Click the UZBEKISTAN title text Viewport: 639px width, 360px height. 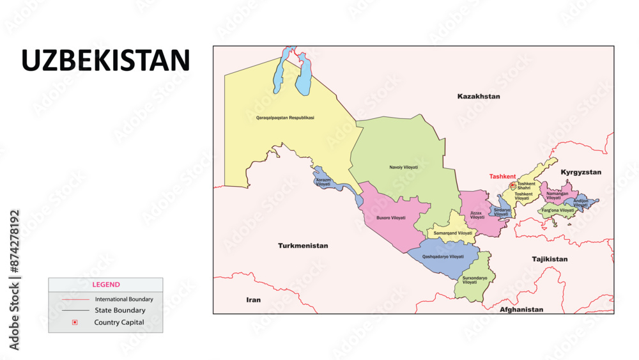pyautogui.click(x=105, y=61)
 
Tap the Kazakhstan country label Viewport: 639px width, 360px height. pyautogui.click(x=479, y=96)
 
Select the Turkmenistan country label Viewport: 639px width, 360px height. pyautogui.click(x=303, y=246)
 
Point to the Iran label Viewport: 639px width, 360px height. pyautogui.click(x=254, y=299)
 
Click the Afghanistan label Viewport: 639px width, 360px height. pyautogui.click(x=521, y=309)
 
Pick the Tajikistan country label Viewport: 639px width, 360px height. pyautogui.click(x=550, y=259)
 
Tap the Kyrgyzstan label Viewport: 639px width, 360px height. pyautogui.click(x=581, y=173)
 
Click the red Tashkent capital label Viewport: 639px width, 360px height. pyautogui.click(x=502, y=176)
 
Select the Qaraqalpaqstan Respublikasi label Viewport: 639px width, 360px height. pyautogui.click(x=284, y=118)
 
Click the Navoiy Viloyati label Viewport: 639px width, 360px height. pyautogui.click(x=403, y=168)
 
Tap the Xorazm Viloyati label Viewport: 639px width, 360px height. pyautogui.click(x=323, y=182)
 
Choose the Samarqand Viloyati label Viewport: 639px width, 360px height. pyautogui.click(x=453, y=233)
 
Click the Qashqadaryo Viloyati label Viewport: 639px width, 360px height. pyautogui.click(x=443, y=256)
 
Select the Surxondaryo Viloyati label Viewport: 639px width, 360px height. pyautogui.click(x=474, y=280)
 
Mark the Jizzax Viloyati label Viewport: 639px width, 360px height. pyautogui.click(x=477, y=215)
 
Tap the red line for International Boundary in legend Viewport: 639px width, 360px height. pyautogui.click(x=75, y=299)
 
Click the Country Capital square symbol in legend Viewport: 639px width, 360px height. pyautogui.click(x=75, y=322)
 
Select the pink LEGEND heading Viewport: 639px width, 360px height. pyautogui.click(x=105, y=285)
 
